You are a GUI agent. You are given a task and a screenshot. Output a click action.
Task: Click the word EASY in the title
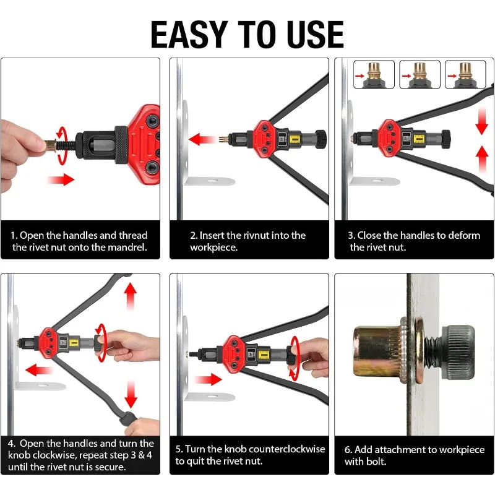click(189, 35)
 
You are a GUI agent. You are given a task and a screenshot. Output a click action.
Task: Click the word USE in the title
click(316, 35)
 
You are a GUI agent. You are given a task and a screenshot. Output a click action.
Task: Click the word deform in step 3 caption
click(464, 235)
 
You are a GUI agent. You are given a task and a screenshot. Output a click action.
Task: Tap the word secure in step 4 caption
click(110, 467)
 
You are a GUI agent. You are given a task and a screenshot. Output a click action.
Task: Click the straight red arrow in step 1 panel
click(61, 179)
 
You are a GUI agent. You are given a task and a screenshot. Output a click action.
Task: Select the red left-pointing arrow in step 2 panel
click(203, 140)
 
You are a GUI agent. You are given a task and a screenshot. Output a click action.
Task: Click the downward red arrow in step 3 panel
click(481, 121)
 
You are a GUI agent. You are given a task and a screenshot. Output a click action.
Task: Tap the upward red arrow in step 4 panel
click(131, 296)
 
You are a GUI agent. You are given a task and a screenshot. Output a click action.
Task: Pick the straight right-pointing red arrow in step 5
click(209, 379)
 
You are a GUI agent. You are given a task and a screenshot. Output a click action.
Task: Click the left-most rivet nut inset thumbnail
click(374, 74)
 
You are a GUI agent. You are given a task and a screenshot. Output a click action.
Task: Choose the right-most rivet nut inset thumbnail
click(465, 74)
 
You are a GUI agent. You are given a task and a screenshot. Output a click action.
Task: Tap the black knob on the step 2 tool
click(321, 139)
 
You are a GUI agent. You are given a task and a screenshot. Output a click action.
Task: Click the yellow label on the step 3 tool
click(419, 139)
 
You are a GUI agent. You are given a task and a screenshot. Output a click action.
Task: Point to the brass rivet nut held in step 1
click(51, 145)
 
